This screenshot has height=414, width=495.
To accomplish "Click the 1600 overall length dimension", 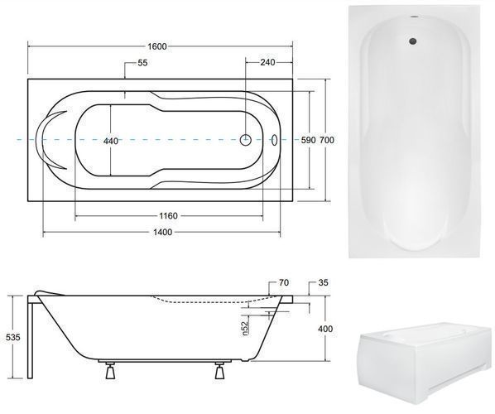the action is coord(157,46).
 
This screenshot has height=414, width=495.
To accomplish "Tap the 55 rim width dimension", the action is coord(142,63).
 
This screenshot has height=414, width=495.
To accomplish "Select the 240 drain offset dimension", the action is coord(267,62).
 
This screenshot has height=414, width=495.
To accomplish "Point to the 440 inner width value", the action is coord(111,141).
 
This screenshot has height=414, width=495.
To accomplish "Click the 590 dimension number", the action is coord(308,140).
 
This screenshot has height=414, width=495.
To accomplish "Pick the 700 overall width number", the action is coord(327,140).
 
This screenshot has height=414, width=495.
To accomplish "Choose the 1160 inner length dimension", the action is coord(168,216).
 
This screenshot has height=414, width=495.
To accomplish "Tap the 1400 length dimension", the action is coord(163,233).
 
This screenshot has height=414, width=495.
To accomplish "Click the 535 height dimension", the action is coord(13,337).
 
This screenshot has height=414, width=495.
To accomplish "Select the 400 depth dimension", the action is coord(325,329).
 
